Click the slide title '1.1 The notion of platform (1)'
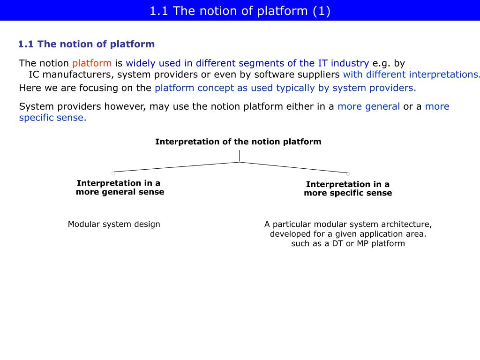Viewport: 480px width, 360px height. coord(240,11)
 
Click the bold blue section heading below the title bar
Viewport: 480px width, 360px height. coord(86,44)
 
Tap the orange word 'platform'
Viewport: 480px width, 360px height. coord(92,63)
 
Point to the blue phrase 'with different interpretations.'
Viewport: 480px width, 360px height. coord(412,75)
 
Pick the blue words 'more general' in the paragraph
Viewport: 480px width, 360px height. coord(368,106)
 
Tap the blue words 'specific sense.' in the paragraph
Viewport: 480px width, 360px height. coord(52,118)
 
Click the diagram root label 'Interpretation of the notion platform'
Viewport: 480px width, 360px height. coord(238,142)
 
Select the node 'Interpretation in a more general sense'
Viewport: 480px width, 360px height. coord(120,187)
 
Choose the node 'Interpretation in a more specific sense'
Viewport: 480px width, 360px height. coord(348,188)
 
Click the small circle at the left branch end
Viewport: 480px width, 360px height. coord(113,173)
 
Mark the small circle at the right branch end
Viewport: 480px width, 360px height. coord(348,174)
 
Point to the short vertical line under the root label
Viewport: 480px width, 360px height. coord(240,156)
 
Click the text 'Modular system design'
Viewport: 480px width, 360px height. coord(114,224)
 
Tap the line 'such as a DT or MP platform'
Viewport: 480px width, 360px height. coord(348,244)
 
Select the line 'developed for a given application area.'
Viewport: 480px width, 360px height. coord(348,234)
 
